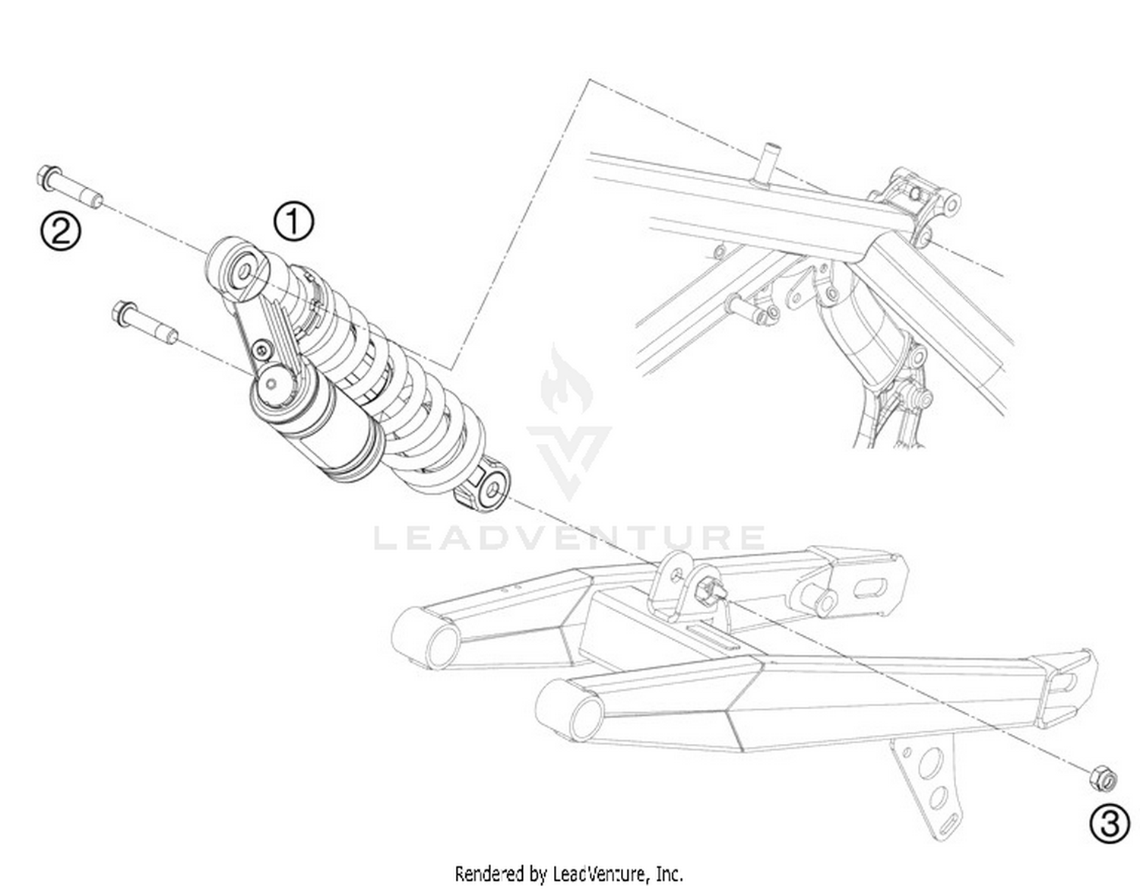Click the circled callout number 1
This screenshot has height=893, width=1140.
pyautogui.click(x=294, y=222)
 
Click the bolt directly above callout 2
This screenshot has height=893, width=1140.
pyautogui.click(x=69, y=187)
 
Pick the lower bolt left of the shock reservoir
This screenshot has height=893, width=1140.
pyautogui.click(x=145, y=323)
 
